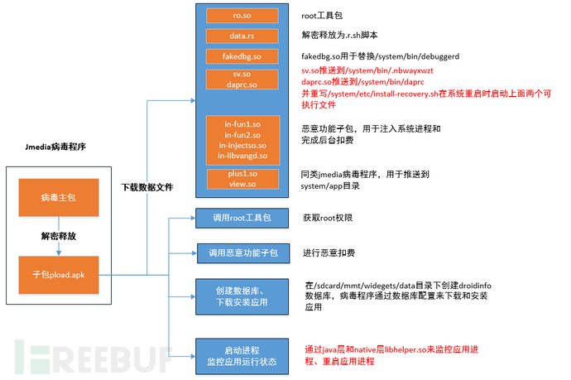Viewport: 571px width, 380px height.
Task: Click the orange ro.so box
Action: [x=242, y=16]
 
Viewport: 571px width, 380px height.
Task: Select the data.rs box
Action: [x=242, y=36]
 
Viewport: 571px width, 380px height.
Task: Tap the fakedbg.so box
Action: [x=242, y=56]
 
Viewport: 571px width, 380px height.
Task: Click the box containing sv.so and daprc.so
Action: [x=242, y=79]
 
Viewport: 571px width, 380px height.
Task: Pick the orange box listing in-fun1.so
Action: [x=243, y=140]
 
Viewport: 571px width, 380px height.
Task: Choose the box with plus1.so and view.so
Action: [x=243, y=179]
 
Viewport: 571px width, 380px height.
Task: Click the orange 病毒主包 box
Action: [x=59, y=198]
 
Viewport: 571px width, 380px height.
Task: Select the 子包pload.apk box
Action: [x=59, y=275]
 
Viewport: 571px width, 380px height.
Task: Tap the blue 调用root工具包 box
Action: [x=242, y=219]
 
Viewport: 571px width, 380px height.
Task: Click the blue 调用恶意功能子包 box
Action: [x=243, y=253]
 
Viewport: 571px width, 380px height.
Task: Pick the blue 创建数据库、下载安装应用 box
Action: [x=242, y=296]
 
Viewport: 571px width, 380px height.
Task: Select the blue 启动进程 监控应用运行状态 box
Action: [x=242, y=356]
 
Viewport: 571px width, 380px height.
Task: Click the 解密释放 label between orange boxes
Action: [x=59, y=236]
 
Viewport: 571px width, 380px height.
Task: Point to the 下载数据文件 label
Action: [x=147, y=187]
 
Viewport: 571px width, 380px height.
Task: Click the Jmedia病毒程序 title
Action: [x=55, y=147]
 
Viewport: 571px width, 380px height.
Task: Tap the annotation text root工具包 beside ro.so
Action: [x=322, y=15]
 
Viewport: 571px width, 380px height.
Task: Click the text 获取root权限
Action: [x=328, y=218]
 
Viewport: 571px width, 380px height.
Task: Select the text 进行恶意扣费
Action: [x=329, y=253]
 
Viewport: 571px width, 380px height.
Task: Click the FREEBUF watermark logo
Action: [x=93, y=357]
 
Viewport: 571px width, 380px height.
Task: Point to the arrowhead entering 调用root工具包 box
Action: [x=194, y=219]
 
